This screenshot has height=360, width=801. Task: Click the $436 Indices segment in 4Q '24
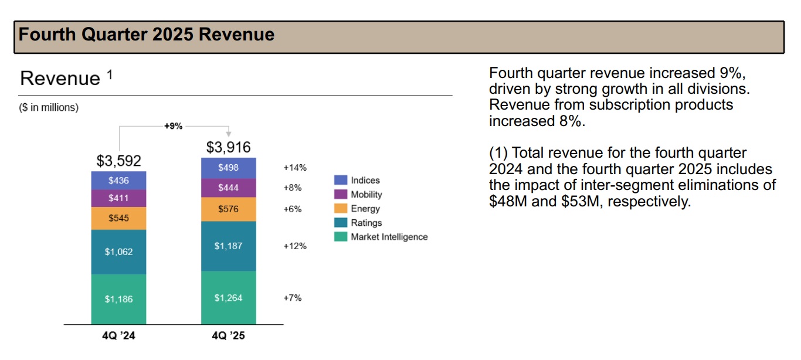118,181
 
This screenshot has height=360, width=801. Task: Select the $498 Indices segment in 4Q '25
228,168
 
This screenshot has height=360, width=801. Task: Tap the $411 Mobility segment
118,198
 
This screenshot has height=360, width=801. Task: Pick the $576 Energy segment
228,209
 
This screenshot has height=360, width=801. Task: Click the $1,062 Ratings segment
118,252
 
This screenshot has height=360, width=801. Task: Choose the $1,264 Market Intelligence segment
228,298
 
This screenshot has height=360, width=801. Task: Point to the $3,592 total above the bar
118,161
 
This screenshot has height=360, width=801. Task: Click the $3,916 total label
228,147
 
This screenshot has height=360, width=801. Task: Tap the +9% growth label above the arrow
173,125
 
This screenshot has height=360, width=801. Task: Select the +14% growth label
295,168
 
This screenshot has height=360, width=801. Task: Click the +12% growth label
295,246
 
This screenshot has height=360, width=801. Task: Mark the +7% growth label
293,298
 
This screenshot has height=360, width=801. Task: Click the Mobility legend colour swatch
340,195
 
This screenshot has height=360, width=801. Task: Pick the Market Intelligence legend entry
389,237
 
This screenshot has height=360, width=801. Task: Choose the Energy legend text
365,209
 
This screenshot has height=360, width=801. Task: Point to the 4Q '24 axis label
118,337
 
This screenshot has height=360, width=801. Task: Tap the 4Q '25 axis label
228,337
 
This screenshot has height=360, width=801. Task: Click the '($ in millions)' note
49,108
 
